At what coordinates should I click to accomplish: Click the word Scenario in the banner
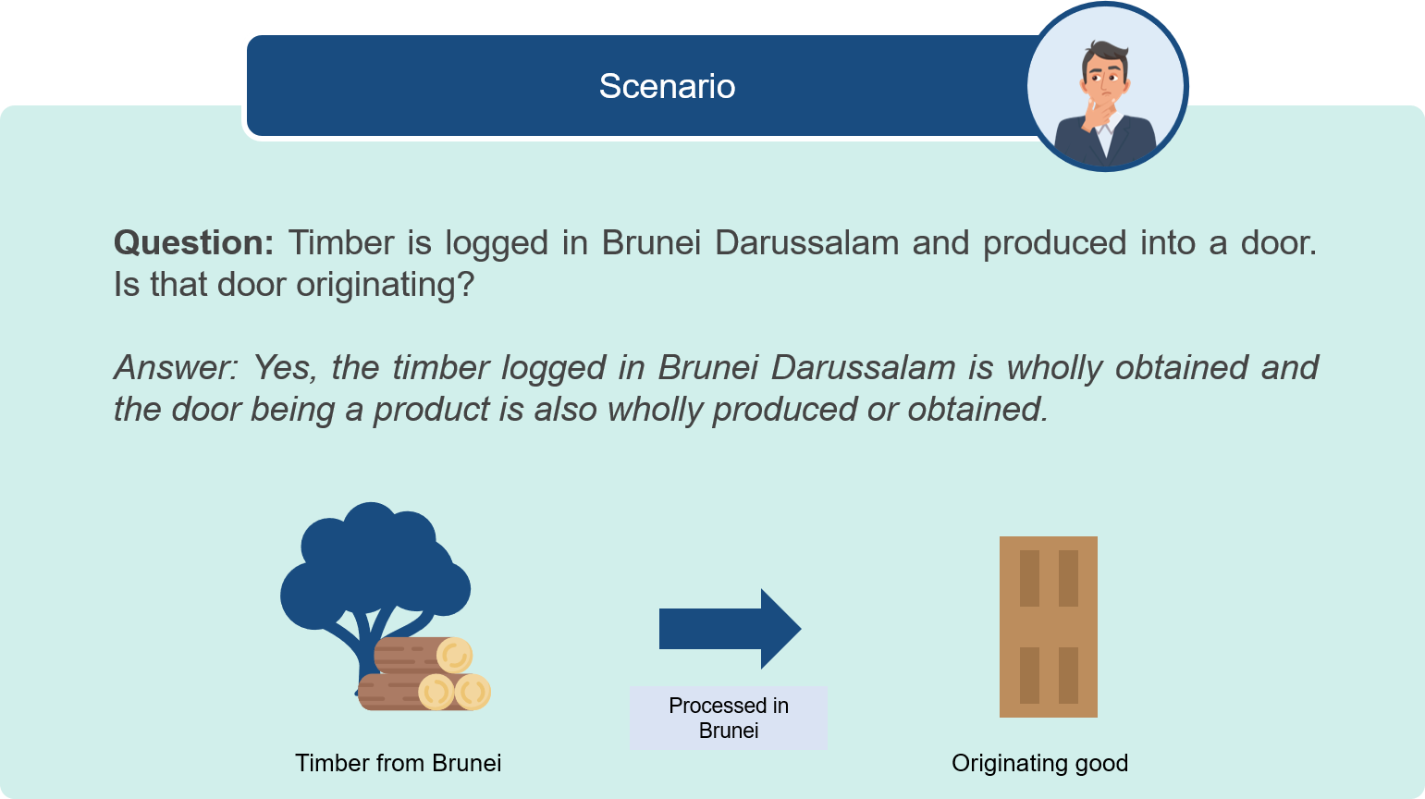coord(667,87)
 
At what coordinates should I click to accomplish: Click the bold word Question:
coord(193,243)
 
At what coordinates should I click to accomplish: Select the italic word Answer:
coord(177,368)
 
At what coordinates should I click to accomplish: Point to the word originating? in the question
coord(386,285)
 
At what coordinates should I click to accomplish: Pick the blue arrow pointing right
coord(730,629)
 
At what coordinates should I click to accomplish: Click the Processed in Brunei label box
coord(729,718)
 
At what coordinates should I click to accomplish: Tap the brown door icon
coord(1049,627)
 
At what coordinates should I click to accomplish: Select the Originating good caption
coord(1039,763)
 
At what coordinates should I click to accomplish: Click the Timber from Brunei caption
coord(399,763)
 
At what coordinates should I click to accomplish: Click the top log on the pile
coord(423,656)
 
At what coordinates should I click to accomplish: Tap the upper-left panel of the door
coord(1029,578)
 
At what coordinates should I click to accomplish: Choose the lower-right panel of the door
coord(1068,676)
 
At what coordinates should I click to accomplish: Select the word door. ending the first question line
coord(1279,243)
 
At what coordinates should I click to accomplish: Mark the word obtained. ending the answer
coord(977,409)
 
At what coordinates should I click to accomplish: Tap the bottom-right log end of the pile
coord(473,692)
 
